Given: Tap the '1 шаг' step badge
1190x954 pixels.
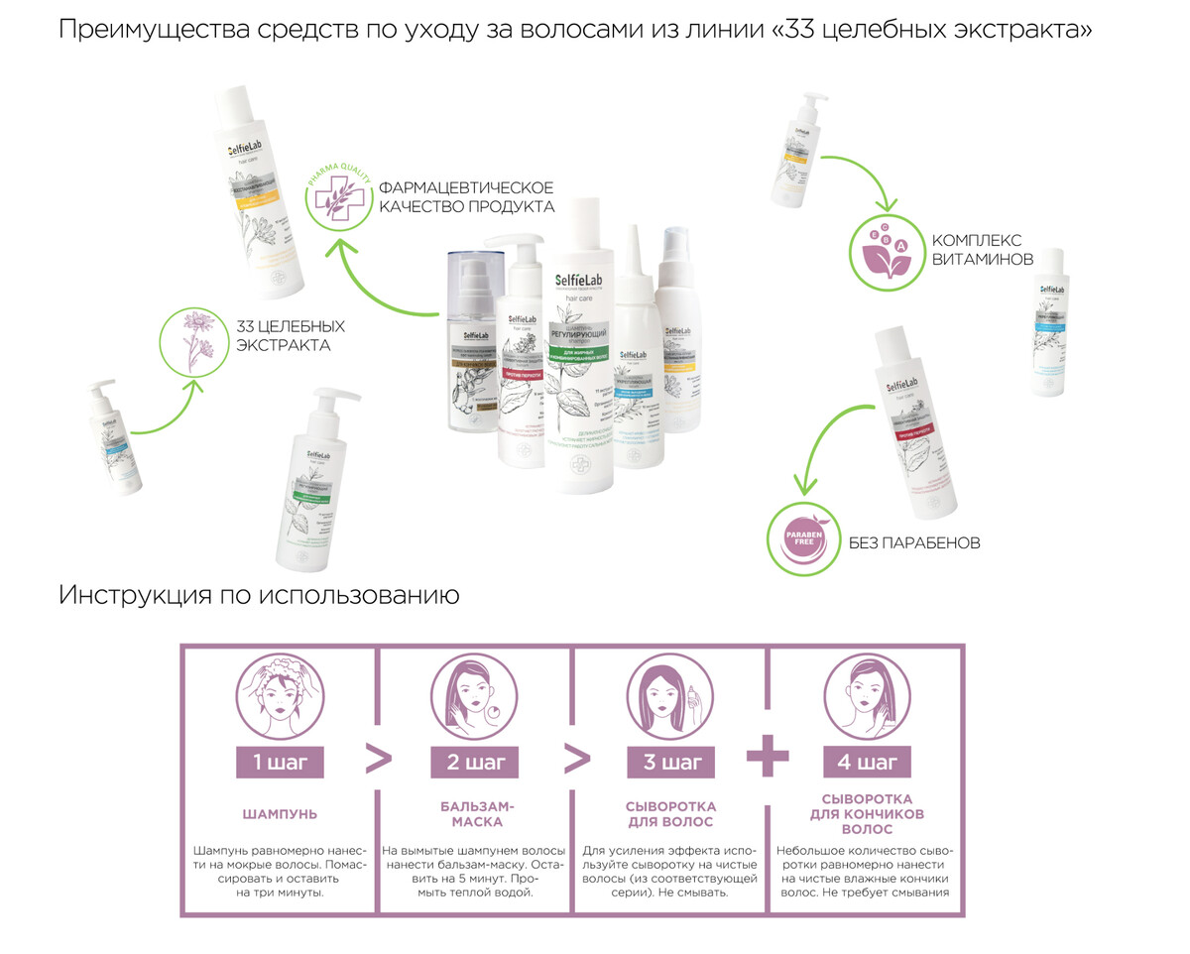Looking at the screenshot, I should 280,762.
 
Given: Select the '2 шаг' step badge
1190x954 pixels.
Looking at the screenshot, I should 475,762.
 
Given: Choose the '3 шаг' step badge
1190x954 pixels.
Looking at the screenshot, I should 671,762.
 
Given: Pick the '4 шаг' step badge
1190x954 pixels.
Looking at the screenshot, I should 867,762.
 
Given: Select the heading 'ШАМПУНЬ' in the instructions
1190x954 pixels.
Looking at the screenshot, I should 280,814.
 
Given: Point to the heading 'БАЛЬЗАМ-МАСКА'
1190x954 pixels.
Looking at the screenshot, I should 475,814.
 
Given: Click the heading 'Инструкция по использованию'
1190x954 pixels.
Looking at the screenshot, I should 259,596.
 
